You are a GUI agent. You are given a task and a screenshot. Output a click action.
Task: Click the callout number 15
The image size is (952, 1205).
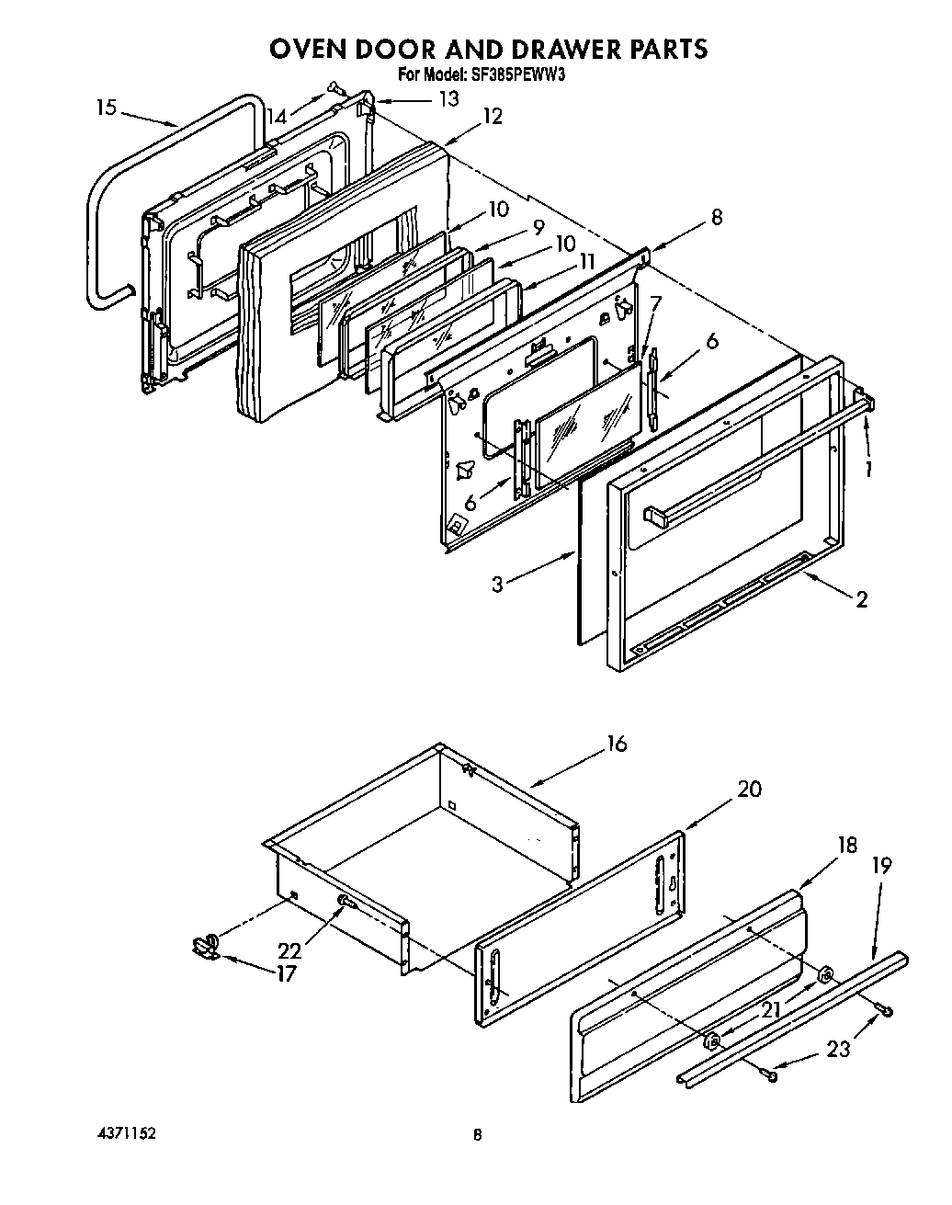[106, 108]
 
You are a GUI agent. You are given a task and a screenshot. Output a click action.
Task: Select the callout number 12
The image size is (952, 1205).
[492, 117]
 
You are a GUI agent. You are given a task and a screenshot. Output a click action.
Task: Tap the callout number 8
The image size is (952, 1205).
[716, 218]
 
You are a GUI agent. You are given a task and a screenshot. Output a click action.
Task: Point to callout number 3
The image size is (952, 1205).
[496, 583]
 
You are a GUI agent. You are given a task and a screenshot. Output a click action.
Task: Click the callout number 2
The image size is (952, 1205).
[861, 600]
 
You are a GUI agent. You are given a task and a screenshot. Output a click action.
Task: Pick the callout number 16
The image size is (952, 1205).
[617, 744]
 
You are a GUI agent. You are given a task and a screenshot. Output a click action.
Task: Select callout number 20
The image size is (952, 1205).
[749, 790]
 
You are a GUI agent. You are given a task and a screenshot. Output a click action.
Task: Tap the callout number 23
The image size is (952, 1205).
[838, 1048]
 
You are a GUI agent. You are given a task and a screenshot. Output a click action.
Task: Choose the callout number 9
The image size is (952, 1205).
[538, 225]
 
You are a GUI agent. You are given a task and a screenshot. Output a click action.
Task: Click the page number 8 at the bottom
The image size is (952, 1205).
[476, 1135]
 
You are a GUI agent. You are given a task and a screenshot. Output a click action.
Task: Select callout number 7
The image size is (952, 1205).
[654, 302]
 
